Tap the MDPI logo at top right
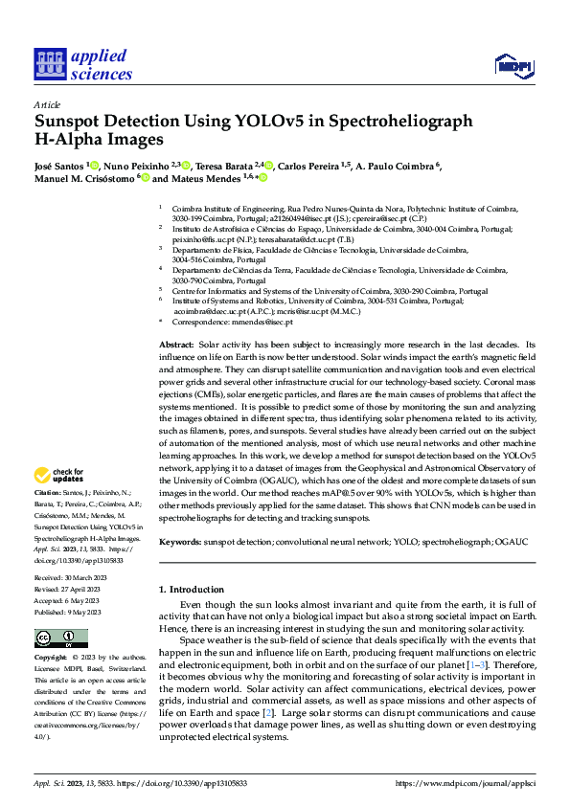coord(513,65)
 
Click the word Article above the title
coord(47,104)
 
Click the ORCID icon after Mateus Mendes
coord(262,178)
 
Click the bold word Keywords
coord(179,543)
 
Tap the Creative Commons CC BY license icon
coord(60,638)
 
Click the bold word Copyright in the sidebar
coord(52,659)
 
